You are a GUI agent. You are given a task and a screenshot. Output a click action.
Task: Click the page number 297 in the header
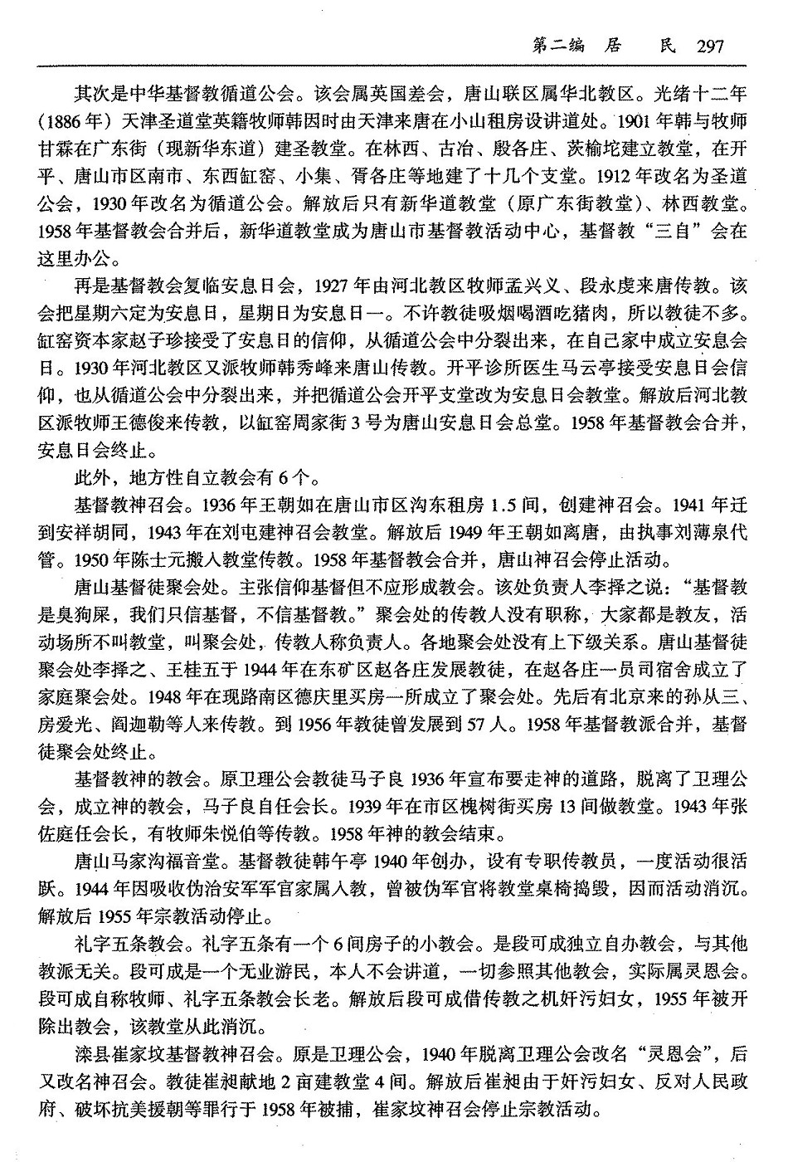(711, 47)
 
